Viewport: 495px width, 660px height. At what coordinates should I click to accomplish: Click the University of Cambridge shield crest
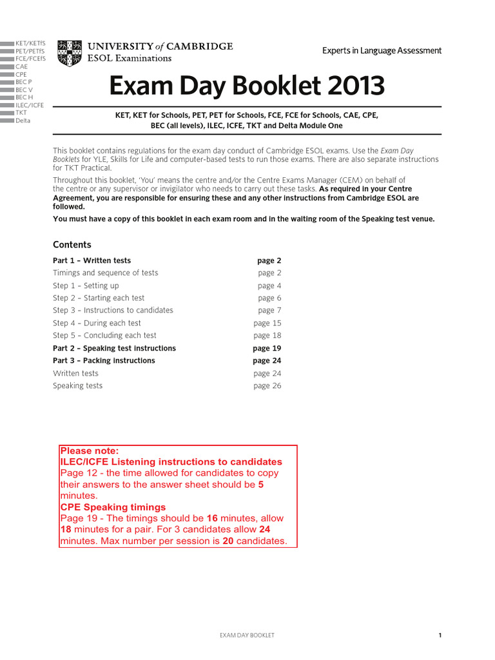coord(70,53)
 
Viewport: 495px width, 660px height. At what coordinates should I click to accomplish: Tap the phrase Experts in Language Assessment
coord(382,50)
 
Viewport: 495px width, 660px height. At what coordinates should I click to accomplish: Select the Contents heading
coord(72,244)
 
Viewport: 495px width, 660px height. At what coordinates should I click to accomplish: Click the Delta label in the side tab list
coord(23,121)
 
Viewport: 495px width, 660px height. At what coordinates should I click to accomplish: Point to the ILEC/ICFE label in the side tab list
coord(30,105)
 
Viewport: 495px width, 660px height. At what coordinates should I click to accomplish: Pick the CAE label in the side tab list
coord(22,66)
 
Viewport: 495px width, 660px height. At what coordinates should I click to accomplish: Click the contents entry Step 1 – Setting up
coord(86,286)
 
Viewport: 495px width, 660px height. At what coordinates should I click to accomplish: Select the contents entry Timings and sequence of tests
coord(105,273)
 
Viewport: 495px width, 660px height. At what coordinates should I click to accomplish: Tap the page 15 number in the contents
coord(267,323)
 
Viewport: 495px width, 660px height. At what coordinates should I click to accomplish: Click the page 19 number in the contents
coord(267,348)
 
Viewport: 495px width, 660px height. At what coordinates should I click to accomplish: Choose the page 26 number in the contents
coord(267,385)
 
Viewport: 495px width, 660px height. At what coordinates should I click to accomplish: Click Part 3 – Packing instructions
coord(104,360)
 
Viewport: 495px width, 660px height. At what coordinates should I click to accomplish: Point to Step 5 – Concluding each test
coord(104,335)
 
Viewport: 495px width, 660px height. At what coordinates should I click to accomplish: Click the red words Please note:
coord(90,451)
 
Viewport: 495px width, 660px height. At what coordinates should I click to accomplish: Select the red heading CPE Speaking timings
coord(113,507)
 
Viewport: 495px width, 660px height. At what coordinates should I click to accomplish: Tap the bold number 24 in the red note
coord(264,529)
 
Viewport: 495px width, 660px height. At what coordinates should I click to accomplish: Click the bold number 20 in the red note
coord(228,541)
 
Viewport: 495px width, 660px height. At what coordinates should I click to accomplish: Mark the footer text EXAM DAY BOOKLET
coord(247,636)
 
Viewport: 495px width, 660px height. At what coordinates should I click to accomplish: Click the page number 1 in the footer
coord(440,636)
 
